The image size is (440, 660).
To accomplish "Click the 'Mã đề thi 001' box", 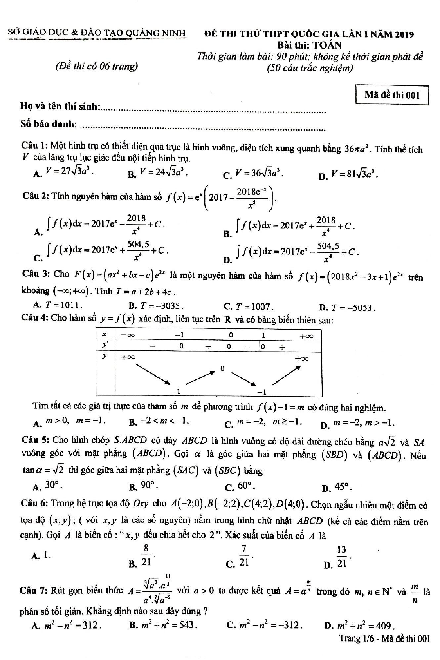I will click(392, 95).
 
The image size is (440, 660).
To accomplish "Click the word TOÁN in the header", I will click(327, 45).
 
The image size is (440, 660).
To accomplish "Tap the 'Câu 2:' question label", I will click(35, 196).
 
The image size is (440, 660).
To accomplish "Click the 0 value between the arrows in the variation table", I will click(222, 368).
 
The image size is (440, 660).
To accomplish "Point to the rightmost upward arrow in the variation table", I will click(286, 375).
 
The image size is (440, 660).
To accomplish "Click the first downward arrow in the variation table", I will click(153, 374).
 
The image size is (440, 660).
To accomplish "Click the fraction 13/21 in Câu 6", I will click(342, 556).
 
